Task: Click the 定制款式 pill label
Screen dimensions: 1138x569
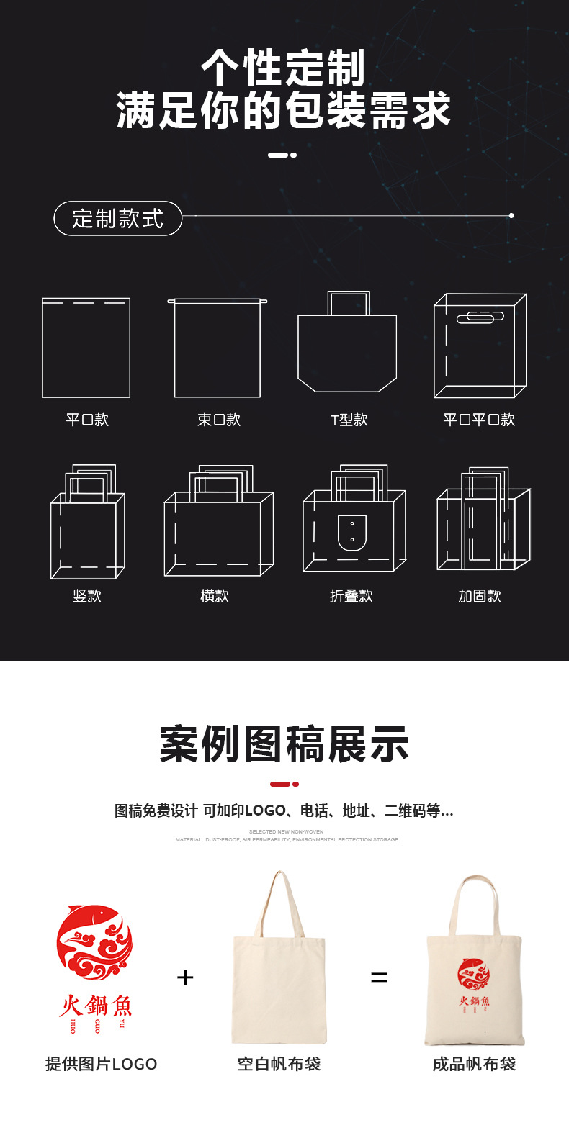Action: [x=117, y=218]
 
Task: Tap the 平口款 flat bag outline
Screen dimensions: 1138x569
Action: [x=86, y=348]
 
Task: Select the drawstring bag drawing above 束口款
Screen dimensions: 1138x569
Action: [x=218, y=348]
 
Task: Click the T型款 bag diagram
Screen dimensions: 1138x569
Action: [x=348, y=346]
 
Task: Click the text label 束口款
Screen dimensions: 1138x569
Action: [x=218, y=420]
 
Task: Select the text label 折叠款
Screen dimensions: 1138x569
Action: [x=351, y=596]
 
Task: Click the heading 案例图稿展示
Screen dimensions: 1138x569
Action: [x=284, y=744]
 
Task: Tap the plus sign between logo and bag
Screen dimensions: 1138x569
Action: [x=185, y=977]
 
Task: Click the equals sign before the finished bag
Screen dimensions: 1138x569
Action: [x=379, y=977]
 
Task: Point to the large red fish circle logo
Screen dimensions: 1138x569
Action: [x=95, y=942]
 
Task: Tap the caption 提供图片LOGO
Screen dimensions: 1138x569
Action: [x=101, y=1064]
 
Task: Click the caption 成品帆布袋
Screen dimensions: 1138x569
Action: [x=474, y=1064]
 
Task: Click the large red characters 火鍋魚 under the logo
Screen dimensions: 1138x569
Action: [x=96, y=1006]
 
